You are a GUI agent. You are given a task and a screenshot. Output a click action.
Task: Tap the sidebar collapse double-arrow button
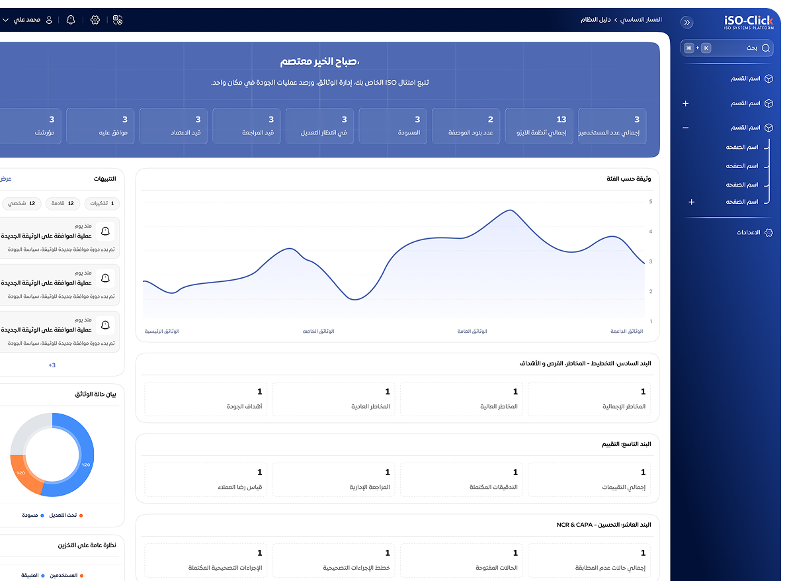point(687,22)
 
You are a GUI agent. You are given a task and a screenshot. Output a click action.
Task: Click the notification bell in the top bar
point(71,20)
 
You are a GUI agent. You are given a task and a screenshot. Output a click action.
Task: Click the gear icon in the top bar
point(95,20)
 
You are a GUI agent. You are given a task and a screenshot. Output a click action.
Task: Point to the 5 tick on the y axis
point(651,202)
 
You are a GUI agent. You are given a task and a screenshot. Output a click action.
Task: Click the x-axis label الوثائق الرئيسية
point(162,331)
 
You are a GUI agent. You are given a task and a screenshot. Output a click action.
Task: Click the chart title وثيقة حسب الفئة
point(628,179)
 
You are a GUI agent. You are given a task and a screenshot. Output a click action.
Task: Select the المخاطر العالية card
point(461,399)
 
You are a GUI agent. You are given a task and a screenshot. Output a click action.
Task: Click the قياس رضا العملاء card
point(205,480)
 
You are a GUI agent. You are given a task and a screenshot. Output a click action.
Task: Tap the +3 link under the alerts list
point(52,365)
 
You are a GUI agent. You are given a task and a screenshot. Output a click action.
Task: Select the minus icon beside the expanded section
point(686,128)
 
